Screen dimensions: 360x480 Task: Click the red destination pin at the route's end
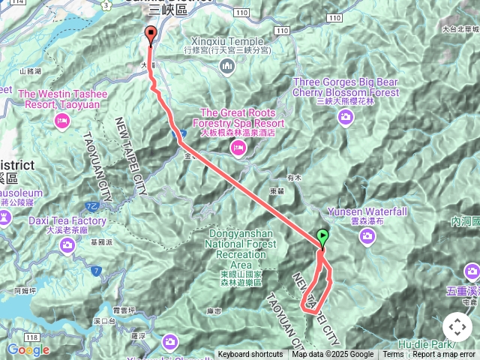(x=150, y=34)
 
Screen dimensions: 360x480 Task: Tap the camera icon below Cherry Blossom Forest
(x=346, y=116)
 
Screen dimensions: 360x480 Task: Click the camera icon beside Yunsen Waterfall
(x=367, y=236)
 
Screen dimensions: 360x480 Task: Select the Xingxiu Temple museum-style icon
(x=227, y=68)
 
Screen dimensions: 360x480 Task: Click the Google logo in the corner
(x=28, y=349)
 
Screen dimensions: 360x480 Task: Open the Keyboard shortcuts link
(x=250, y=355)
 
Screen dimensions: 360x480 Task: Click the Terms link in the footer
(x=393, y=355)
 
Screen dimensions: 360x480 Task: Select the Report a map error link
(x=444, y=355)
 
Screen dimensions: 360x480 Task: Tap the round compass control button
(x=457, y=327)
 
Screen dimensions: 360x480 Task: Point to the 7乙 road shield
(x=93, y=205)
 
